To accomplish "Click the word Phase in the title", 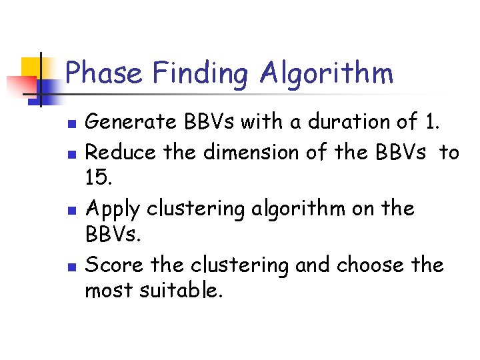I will [104, 73].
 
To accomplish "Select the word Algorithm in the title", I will [327, 73].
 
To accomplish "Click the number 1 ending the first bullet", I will [429, 122].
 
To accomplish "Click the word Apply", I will [113, 209].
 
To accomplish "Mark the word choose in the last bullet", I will [371, 265].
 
